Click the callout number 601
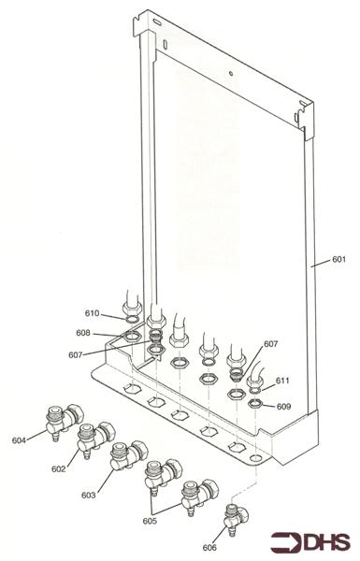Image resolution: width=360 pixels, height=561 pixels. [x=338, y=259]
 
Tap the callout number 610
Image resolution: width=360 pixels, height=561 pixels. [x=92, y=313]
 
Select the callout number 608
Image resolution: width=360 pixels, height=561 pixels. [x=83, y=333]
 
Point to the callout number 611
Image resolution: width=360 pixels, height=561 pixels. [x=282, y=381]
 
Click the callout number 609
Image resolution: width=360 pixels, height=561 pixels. [x=283, y=407]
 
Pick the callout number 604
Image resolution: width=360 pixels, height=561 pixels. [x=20, y=440]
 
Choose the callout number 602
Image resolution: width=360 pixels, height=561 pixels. [x=59, y=468]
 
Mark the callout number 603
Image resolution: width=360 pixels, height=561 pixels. [x=89, y=496]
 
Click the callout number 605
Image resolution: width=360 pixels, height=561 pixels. [x=150, y=521]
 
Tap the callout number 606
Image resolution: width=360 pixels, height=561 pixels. [x=209, y=547]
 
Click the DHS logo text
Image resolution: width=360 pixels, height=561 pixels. [x=326, y=541]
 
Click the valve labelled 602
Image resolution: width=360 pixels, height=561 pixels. [x=96, y=437]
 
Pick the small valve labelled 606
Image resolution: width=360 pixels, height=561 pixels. [x=237, y=518]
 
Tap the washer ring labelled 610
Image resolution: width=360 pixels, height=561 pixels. [x=133, y=319]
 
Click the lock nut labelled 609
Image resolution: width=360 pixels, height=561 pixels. [x=256, y=404]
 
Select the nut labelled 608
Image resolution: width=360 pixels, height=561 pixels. [x=131, y=337]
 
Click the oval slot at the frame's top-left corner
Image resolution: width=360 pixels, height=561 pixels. [x=157, y=22]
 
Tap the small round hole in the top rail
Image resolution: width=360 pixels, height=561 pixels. [x=231, y=73]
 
